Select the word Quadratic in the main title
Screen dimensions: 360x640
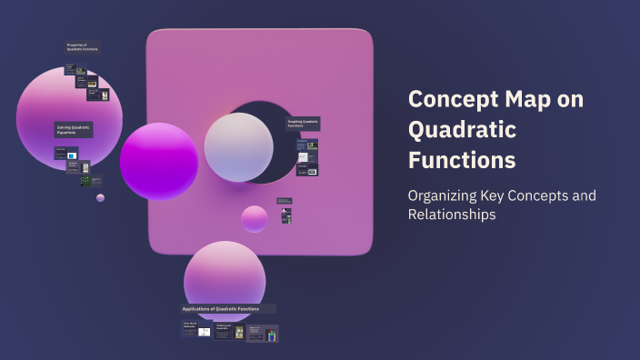tap(462, 130)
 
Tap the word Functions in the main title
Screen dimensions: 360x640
tap(462, 161)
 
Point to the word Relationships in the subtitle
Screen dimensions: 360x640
tap(452, 215)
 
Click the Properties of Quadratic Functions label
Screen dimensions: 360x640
tap(82, 46)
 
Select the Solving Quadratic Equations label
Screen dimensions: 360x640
tap(73, 130)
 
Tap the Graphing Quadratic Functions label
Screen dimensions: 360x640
tap(303, 123)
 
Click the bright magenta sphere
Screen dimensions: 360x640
tap(159, 161)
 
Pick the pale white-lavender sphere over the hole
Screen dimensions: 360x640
tap(238, 147)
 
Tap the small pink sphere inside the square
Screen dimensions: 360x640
tap(255, 219)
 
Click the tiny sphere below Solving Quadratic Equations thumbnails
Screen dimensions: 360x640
tap(100, 197)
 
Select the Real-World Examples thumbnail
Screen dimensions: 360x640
tap(197, 329)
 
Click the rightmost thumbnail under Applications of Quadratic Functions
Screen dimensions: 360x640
tap(263, 334)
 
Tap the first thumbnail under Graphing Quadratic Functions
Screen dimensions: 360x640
tap(306, 144)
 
